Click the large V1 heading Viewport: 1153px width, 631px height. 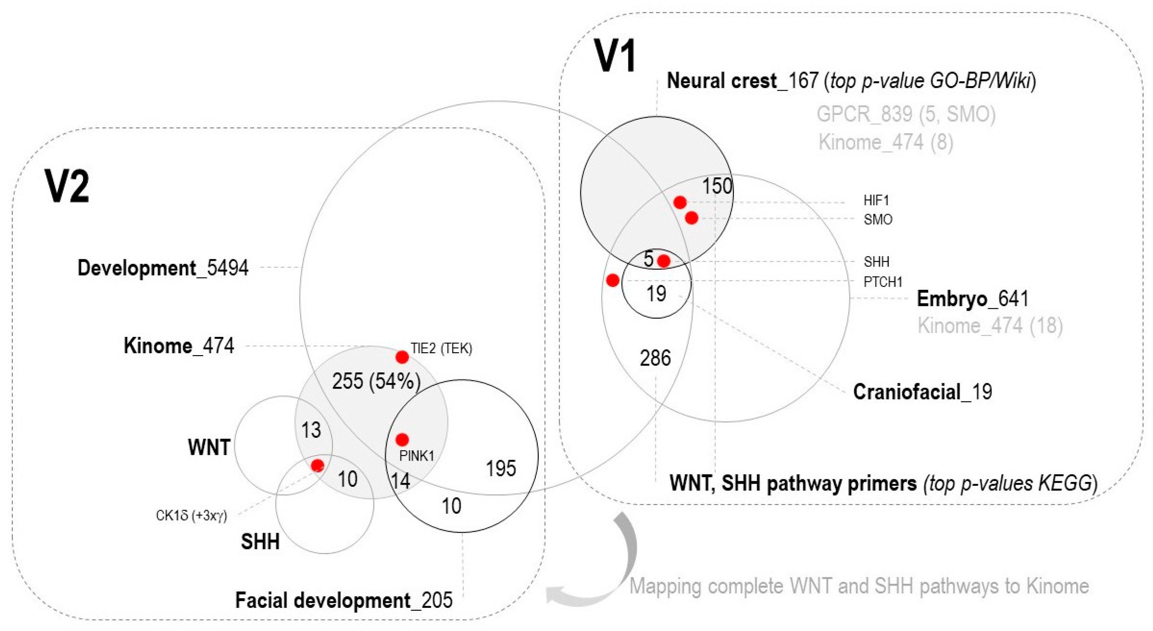[616, 56]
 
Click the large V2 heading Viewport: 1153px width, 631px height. [67, 187]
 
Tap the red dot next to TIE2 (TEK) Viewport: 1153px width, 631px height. [402, 357]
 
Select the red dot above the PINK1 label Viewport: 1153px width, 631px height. [402, 439]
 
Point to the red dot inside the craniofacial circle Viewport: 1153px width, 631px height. [664, 261]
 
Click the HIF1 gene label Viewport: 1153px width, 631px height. [876, 200]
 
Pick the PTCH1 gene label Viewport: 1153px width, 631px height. [883, 282]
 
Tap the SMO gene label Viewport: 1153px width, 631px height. [878, 220]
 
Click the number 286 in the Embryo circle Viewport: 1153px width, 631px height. [655, 358]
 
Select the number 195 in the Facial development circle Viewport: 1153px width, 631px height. [501, 468]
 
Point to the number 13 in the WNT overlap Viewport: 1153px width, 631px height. [311, 430]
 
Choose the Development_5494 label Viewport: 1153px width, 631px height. [163, 268]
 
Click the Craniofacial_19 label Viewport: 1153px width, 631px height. [922, 392]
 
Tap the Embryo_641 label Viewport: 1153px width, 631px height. [972, 299]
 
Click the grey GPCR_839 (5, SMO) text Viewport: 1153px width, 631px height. [906, 114]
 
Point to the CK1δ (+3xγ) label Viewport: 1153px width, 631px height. [191, 516]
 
